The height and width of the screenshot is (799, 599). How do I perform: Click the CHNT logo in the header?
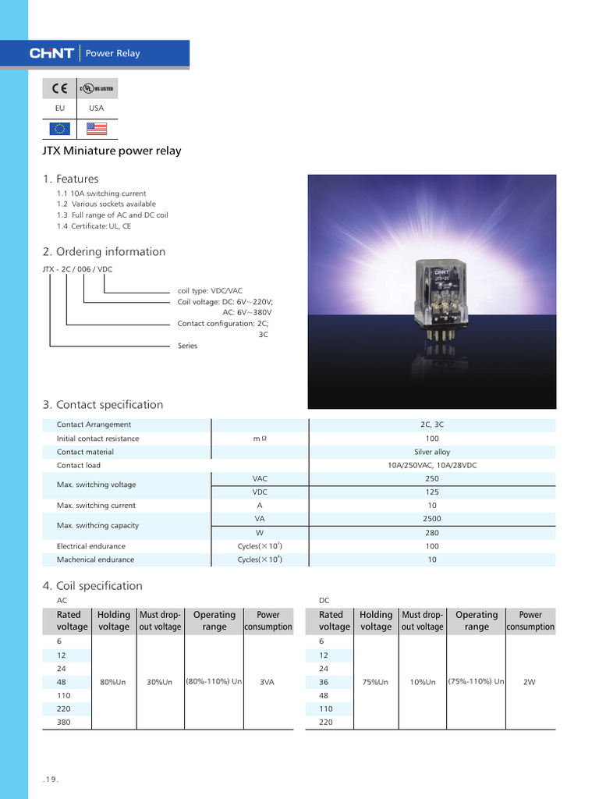click(x=51, y=53)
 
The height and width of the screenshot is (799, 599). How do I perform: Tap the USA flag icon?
click(x=97, y=129)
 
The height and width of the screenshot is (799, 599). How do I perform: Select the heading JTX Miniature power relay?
click(x=112, y=151)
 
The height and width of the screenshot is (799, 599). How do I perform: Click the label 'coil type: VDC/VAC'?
click(x=210, y=291)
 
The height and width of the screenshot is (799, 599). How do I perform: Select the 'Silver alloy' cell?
click(x=432, y=452)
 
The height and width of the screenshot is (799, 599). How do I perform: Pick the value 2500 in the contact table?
click(x=432, y=519)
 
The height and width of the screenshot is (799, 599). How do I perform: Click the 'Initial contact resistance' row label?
click(x=97, y=439)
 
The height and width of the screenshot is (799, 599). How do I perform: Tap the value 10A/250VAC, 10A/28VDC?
click(x=432, y=465)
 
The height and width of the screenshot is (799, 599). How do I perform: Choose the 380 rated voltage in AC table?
click(x=64, y=723)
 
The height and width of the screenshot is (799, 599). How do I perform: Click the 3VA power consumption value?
click(x=268, y=682)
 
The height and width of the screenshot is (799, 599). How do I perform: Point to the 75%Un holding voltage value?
click(x=376, y=682)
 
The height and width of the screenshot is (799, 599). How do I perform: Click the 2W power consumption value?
click(x=530, y=682)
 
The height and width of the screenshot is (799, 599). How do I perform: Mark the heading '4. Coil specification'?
click(x=92, y=586)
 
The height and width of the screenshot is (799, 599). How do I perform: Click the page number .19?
click(x=50, y=779)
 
